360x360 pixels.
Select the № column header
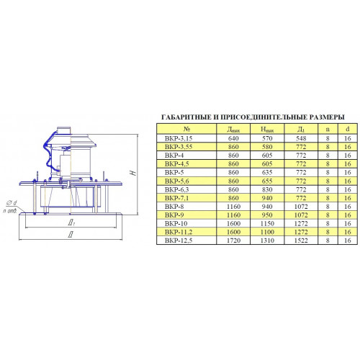pyautogui.click(x=186, y=129)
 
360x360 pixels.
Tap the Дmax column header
pyautogui.click(x=233, y=130)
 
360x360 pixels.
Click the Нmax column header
pyautogui.click(x=267, y=130)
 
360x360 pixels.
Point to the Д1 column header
pyautogui.click(x=301, y=130)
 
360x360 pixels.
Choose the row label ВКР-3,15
pyautogui.click(x=179, y=138)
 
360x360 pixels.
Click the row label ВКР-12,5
pyautogui.click(x=179, y=240)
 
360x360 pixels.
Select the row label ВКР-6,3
pyautogui.click(x=177, y=189)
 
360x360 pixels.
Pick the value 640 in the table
pyautogui.click(x=233, y=138)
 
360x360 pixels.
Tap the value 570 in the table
pyautogui.click(x=267, y=138)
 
